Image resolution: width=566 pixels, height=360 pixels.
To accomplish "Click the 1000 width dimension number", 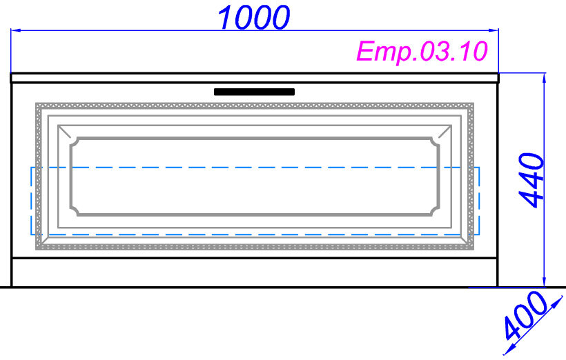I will pos(253,17).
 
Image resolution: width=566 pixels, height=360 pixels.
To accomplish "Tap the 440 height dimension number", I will pos(532,180).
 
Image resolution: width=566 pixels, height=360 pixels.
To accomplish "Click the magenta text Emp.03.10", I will pos(422,52).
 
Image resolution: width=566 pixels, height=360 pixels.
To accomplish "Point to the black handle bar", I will pos(255,92).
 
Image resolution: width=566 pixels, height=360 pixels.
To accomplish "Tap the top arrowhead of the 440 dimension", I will pos(545,78).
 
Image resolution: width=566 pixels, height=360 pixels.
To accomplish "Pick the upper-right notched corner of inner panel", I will pos(435,141).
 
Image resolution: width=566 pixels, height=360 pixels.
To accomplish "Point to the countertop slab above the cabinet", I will pos(255,77).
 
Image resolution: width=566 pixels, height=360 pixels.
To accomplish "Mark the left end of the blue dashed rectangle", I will pos(30,200).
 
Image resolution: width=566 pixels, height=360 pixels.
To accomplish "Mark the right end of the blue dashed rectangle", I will pos(479,200).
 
